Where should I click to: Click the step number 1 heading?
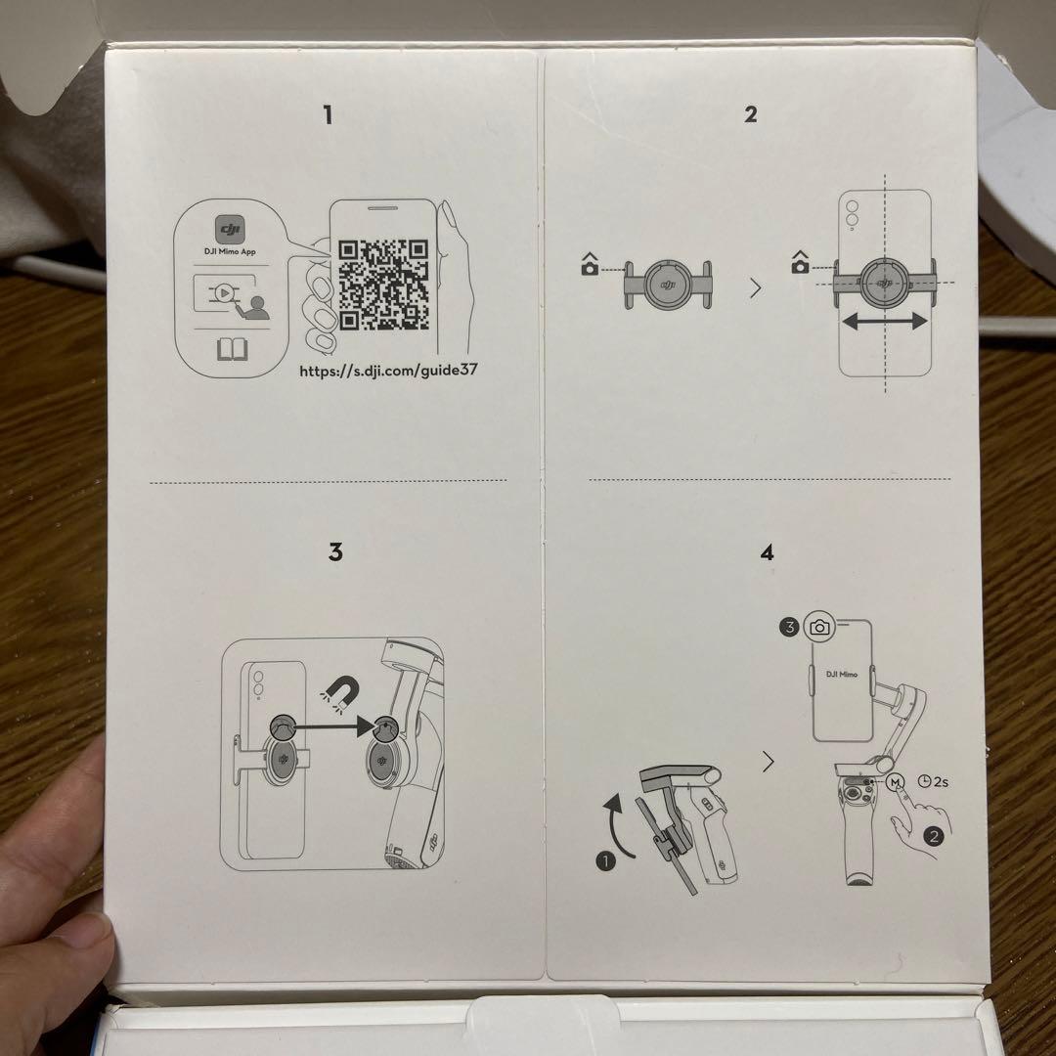[328, 115]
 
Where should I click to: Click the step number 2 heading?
[750, 114]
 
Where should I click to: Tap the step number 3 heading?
[335, 553]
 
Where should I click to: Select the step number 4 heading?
[767, 553]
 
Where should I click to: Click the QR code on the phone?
[384, 285]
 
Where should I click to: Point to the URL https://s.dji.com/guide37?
[388, 372]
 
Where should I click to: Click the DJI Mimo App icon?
[231, 231]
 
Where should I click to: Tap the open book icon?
[232, 349]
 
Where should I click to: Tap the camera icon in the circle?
[819, 627]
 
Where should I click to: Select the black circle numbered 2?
[934, 836]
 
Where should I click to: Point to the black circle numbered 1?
[606, 862]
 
